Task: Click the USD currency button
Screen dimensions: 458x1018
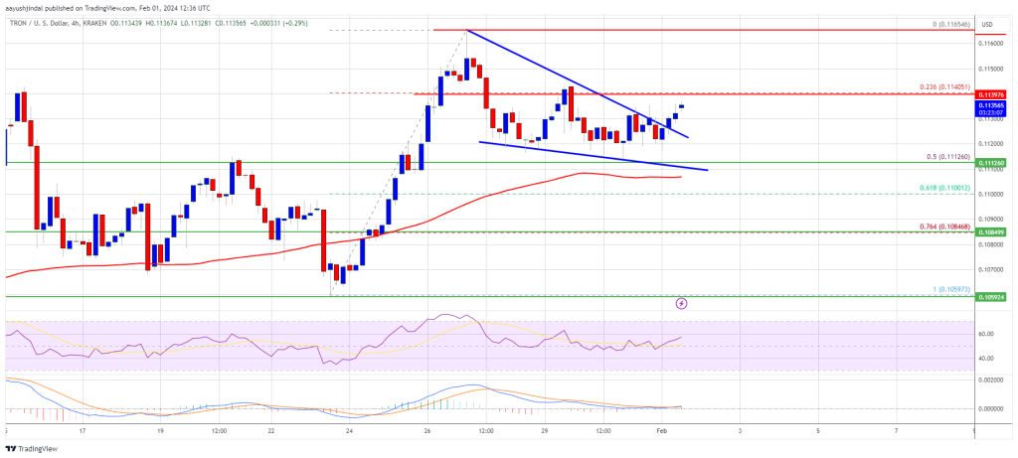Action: point(990,24)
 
